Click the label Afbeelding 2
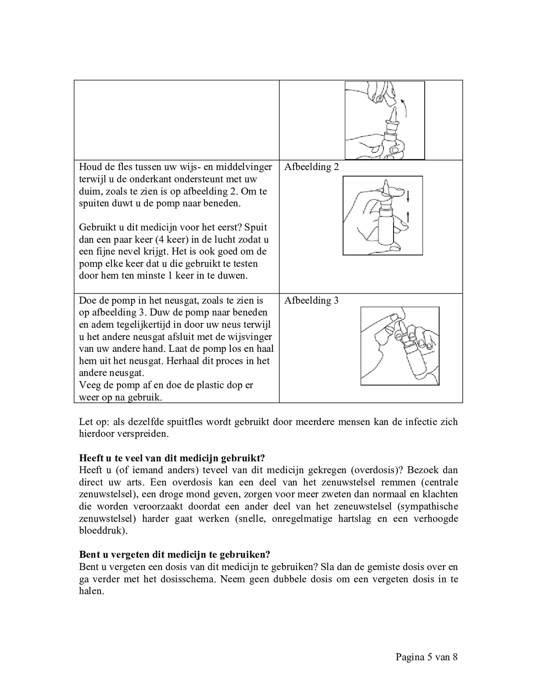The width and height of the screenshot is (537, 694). pyautogui.click(x=311, y=167)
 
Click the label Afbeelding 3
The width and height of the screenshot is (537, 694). pyautogui.click(x=311, y=301)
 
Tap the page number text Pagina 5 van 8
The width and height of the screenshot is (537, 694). pyautogui.click(x=426, y=657)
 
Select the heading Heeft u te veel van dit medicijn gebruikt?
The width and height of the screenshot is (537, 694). pyautogui.click(x=172, y=458)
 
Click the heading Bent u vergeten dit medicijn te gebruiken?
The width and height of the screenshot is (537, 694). pyautogui.click(x=174, y=554)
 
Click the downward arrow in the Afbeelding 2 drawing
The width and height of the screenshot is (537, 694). pyautogui.click(x=408, y=196)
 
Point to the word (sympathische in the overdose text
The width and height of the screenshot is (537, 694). pyautogui.click(x=429, y=506)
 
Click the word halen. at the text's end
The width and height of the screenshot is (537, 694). pyautogui.click(x=91, y=591)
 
